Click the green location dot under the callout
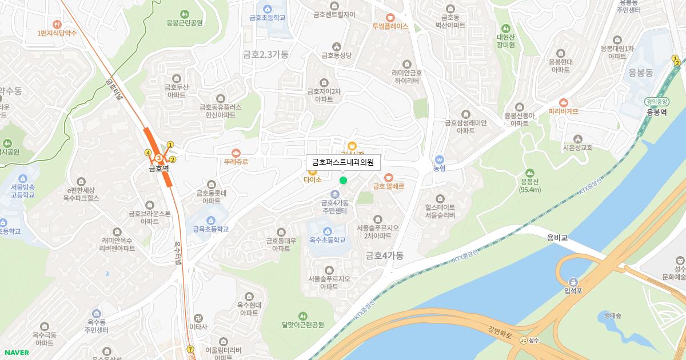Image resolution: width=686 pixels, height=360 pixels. (343, 181)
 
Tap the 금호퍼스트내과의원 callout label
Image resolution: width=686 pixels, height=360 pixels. (343, 162)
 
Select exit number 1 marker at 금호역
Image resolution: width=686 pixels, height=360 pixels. (170, 145)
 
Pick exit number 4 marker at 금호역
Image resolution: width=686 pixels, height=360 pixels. (148, 153)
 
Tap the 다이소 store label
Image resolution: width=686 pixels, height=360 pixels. (313, 179)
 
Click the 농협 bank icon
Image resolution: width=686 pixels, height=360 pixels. (439, 159)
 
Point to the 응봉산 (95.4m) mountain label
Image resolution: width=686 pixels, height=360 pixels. (530, 186)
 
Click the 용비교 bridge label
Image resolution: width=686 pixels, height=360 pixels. (556, 237)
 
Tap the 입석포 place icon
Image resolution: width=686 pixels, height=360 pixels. (573, 281)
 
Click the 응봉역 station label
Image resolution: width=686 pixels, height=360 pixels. (657, 113)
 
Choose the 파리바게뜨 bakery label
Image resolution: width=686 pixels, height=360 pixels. (563, 111)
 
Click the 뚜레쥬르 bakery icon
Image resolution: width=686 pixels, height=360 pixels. (236, 153)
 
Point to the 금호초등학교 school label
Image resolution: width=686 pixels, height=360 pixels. (268, 18)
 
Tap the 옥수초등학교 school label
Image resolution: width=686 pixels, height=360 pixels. (328, 241)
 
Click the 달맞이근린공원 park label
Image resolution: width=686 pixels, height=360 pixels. (302, 325)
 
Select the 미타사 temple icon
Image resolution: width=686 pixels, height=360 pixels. (198, 318)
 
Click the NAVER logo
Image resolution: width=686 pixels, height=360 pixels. (15, 353)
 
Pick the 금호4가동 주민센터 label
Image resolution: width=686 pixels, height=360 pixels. (335, 207)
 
